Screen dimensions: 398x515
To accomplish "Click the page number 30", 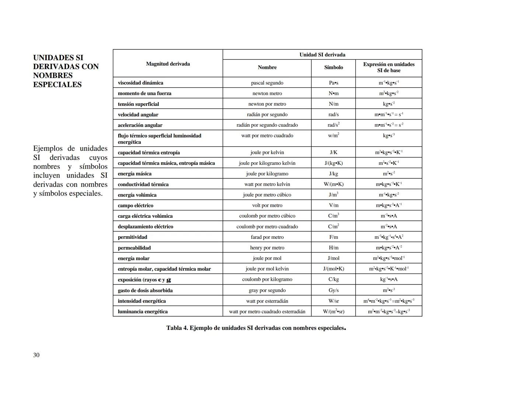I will tap(36, 355).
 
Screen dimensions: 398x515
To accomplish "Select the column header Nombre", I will tap(267, 67).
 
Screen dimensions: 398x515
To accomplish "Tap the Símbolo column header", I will tap(333, 67).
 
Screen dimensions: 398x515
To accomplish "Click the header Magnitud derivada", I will tap(168, 64).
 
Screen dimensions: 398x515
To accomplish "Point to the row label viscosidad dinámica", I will tap(140, 83).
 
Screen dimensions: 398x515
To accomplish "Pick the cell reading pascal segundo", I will tap(267, 83).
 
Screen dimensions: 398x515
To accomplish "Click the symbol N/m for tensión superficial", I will tap(333, 104).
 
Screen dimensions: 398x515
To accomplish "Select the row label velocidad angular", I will tap(138, 115).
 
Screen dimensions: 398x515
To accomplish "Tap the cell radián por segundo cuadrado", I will tap(267, 125).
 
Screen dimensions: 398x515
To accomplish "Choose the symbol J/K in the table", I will tap(333, 152).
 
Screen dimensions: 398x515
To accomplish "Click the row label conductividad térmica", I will tap(143, 184).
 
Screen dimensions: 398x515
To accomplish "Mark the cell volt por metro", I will tap(267, 205).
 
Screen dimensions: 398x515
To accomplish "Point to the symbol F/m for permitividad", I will tap(333, 237).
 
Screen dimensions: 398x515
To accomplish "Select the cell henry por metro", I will tap(267, 248).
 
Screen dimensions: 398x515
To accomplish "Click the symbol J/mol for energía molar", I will tap(333, 258).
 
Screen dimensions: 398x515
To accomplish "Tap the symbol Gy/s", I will tap(333, 290).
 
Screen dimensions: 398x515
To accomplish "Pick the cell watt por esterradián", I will tap(267, 301).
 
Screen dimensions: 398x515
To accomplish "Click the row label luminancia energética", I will tap(143, 311).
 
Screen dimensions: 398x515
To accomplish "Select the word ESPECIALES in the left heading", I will tap(57, 84).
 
